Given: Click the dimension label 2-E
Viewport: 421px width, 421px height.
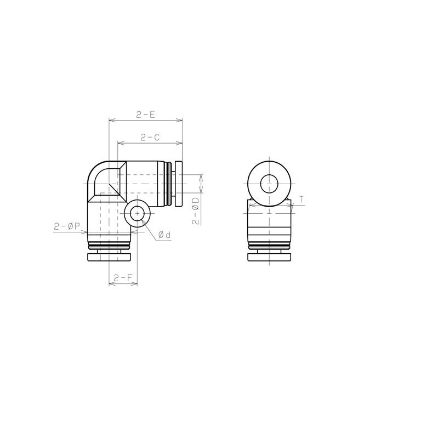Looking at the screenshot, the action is point(145,115).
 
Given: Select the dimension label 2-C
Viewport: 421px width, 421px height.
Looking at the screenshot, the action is point(150,138).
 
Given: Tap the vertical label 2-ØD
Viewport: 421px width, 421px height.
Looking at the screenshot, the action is point(196,211).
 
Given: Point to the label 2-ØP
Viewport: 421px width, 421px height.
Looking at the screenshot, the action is point(67,226).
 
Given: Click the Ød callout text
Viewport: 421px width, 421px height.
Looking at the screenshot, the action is point(164,235).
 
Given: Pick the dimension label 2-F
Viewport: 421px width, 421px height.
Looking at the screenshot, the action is point(123,277).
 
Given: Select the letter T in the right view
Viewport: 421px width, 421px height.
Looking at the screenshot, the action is point(301,200).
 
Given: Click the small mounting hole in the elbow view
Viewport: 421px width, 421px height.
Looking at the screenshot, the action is point(137,214).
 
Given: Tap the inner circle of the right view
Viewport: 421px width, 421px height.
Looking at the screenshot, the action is point(269,184).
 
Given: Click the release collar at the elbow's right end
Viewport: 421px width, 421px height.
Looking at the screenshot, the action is point(179,184).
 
